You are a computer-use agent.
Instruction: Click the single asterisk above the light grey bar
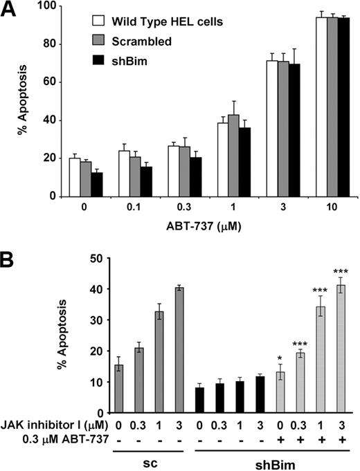pos(280,358)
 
